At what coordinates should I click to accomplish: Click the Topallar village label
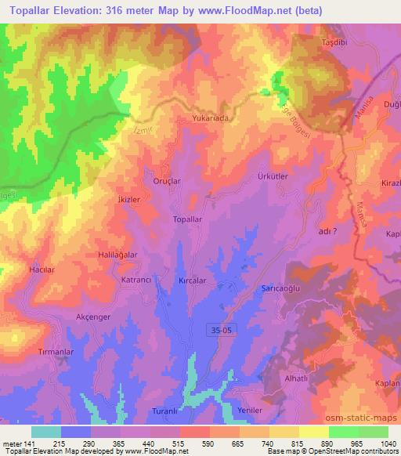coord(187,219)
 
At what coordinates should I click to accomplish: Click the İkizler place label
coord(128,200)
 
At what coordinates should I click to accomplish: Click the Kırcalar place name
coord(193,280)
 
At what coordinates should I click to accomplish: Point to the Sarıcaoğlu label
coord(281,289)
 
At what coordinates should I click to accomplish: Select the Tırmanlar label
coord(56,353)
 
